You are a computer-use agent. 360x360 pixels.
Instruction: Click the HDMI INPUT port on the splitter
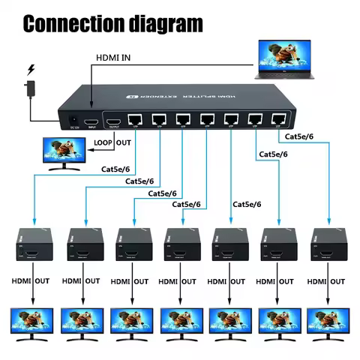click(91, 121)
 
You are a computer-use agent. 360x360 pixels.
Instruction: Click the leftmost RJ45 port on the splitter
click(137, 119)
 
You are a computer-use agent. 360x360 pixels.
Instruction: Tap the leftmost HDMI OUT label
click(31, 281)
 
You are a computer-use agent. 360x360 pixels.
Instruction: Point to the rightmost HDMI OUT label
click(327, 281)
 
